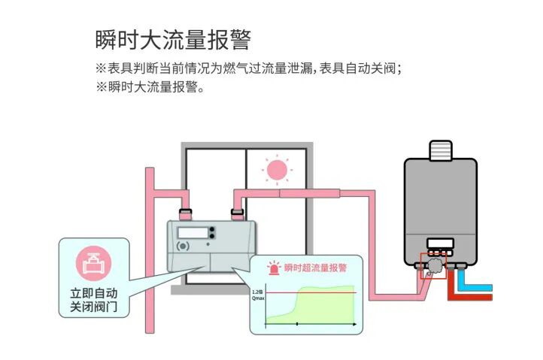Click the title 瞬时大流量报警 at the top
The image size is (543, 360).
pyautogui.click(x=173, y=39)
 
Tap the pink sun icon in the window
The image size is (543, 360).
pyautogui.click(x=277, y=169)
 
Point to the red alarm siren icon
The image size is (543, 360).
pyautogui.click(x=275, y=268)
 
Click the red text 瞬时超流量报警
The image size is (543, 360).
pyautogui.click(x=315, y=268)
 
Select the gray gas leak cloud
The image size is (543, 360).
pyautogui.click(x=435, y=265)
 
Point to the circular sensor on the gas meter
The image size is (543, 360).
pyautogui.click(x=181, y=246)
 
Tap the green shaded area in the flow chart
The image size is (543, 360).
pyautogui.click(x=323, y=308)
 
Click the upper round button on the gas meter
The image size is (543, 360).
pyautogui.click(x=213, y=231)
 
